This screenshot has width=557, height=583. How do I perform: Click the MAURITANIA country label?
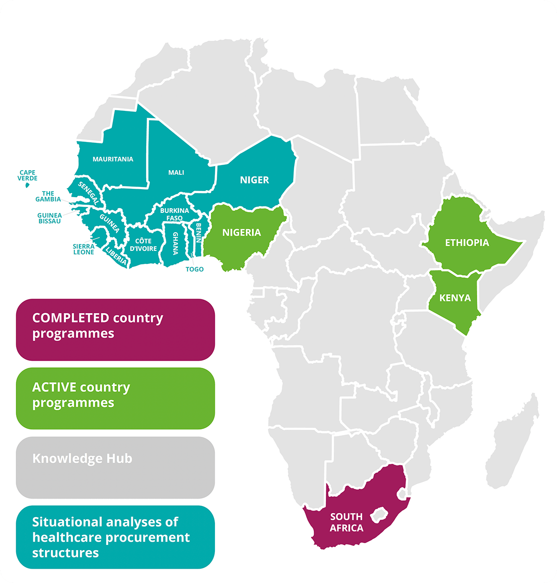point(113,159)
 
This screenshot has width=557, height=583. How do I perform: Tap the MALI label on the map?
point(176,173)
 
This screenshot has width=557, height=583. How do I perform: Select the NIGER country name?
point(254,180)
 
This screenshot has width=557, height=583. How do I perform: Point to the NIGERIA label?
point(241,232)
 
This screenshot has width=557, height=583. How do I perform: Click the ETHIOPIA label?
point(466,243)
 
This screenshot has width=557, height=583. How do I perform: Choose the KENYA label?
point(455,298)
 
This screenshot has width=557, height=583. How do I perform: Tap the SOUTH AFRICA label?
point(346,522)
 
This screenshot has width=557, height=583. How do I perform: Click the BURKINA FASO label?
point(175,214)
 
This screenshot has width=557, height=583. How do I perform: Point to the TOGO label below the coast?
point(194,269)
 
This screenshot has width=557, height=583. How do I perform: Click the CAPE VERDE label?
point(27,175)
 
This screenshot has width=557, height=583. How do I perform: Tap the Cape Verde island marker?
point(27,185)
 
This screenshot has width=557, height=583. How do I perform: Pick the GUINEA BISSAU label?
point(49,218)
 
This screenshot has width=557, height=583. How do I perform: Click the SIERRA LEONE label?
point(84,249)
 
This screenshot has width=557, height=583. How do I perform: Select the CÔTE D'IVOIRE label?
point(143,244)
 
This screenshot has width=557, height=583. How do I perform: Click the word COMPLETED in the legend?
point(70,318)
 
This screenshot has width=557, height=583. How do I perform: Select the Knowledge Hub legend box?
point(115,467)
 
